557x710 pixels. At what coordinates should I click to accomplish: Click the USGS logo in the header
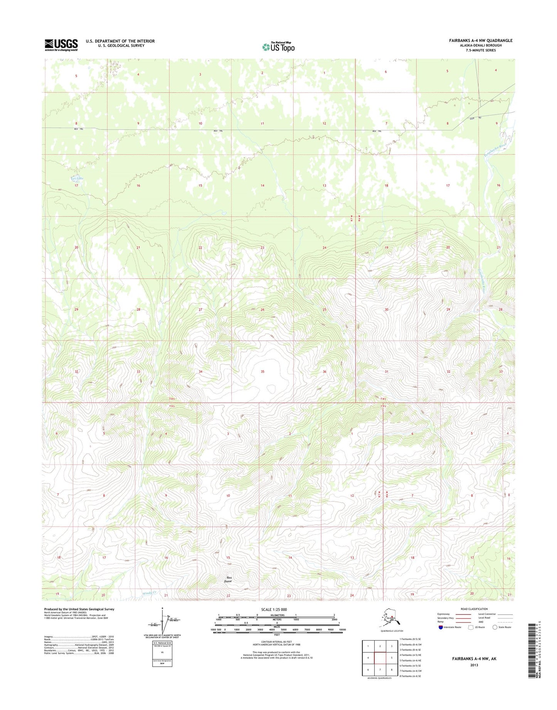click(61, 45)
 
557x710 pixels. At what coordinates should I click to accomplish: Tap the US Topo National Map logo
click(278, 47)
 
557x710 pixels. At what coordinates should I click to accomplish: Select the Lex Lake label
click(77, 178)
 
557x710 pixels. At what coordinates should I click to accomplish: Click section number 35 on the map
click(263, 372)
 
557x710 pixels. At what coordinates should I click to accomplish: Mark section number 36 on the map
click(324, 372)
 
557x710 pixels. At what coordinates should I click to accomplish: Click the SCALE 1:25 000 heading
click(276, 610)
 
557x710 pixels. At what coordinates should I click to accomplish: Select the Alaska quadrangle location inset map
click(392, 622)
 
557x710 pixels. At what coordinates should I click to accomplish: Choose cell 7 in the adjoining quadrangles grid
click(380, 670)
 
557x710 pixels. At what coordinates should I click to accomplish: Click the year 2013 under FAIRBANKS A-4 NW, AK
click(474, 665)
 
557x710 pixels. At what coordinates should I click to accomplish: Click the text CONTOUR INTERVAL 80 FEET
click(276, 641)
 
